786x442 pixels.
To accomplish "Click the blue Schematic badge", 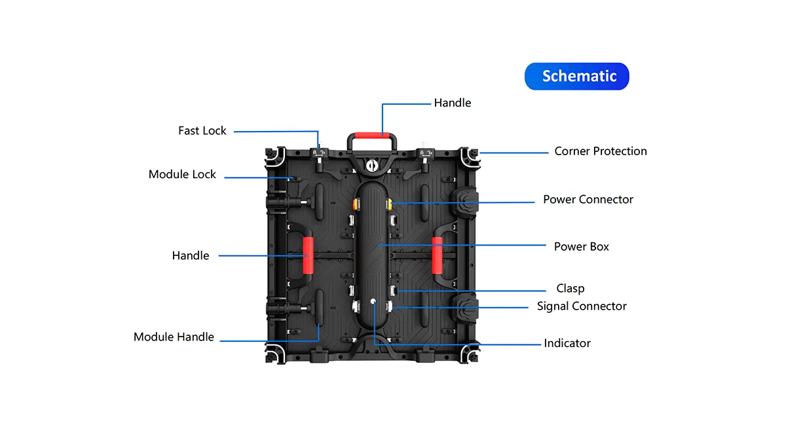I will point(576,76).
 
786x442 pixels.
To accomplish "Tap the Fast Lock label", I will point(202,131).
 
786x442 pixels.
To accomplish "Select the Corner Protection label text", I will point(601,151).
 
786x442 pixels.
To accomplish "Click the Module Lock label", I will point(182,174).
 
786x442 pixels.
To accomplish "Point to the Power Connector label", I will point(588,199).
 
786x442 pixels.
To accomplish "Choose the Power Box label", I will point(582,247).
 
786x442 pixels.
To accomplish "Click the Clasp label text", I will point(571,288).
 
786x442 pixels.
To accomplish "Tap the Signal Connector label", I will point(582,306).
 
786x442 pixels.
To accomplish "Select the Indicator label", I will point(567,343).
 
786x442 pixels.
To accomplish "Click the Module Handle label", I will point(174,337).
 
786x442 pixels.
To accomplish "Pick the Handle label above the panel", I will point(453,103).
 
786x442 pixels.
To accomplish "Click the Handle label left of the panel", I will point(191,255).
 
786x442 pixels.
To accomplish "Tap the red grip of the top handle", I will point(373,134).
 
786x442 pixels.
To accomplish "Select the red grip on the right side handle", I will point(437,255).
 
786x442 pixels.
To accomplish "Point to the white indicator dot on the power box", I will point(373,302).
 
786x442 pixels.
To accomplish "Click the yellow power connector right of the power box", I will point(388,204).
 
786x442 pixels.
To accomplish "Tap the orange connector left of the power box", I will point(357,204).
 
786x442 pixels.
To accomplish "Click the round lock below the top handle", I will point(373,166).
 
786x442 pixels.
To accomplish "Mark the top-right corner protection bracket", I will point(472,155).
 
